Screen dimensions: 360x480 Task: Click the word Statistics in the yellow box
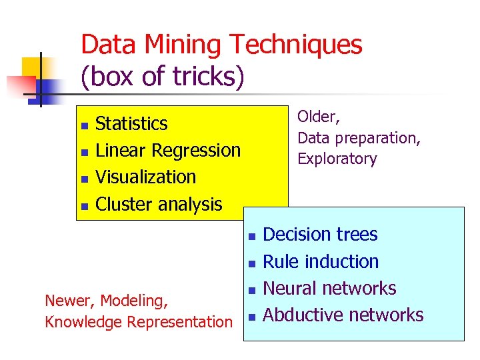131,124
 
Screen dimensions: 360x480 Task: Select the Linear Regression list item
168,151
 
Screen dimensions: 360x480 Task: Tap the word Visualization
146,177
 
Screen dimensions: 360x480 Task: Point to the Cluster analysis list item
159,204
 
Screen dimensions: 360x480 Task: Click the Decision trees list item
320,235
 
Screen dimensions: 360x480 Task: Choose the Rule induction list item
321,261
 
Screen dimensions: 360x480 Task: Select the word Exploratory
337,159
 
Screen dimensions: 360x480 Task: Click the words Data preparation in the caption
358,138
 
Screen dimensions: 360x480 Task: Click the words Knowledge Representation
138,322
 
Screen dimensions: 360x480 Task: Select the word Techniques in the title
296,45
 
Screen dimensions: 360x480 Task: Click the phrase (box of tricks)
163,77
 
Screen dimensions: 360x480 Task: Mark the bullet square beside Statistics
83,125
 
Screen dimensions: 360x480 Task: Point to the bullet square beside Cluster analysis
83,206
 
